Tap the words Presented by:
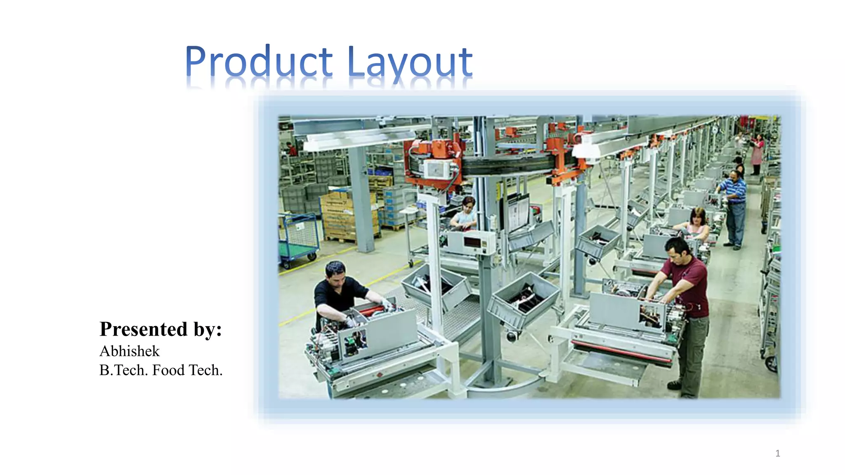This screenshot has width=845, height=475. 161,329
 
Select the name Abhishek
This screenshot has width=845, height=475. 129,351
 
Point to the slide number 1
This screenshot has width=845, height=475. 777,454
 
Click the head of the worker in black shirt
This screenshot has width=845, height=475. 335,273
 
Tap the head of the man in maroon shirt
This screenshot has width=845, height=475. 677,251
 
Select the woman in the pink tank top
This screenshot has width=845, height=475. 697,225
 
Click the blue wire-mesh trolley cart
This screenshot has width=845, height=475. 299,239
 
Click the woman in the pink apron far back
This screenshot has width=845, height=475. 757,153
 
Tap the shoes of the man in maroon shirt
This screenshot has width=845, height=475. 675,386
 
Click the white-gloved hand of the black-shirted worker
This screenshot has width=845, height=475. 387,304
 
